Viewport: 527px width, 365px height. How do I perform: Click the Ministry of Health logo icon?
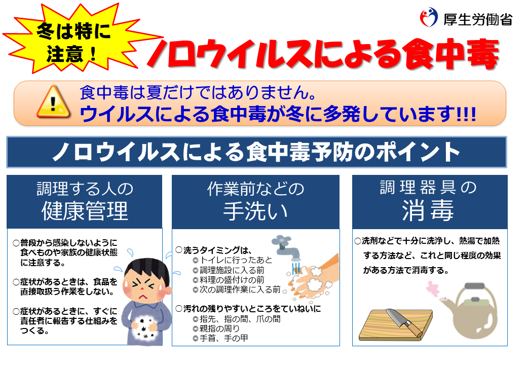click(429, 18)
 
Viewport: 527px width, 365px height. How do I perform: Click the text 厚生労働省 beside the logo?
click(478, 20)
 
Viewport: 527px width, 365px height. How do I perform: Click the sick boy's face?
click(144, 282)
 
